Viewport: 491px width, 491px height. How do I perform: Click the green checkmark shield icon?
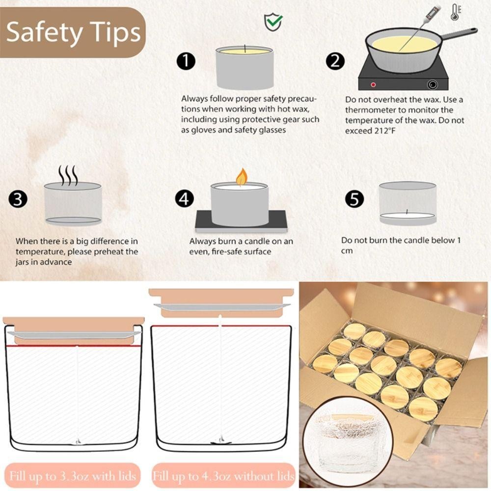click(x=273, y=22)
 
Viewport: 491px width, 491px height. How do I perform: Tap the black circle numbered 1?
click(x=186, y=61)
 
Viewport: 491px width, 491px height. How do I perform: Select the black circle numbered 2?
click(x=335, y=61)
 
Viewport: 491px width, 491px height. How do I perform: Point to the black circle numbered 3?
click(x=18, y=199)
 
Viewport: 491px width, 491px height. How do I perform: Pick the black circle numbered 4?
click(x=185, y=198)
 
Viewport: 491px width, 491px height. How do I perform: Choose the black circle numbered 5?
click(x=355, y=198)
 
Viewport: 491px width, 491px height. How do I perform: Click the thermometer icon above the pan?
click(x=455, y=12)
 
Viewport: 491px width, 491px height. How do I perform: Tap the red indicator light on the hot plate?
click(x=373, y=84)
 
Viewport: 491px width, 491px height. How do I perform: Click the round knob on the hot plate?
click(x=433, y=84)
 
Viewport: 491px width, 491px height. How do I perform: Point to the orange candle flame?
click(x=242, y=177)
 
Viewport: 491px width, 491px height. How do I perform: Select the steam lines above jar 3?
click(x=68, y=175)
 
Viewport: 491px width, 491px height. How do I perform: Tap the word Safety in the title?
click(x=45, y=32)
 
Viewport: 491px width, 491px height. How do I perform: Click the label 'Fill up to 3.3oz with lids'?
click(x=73, y=476)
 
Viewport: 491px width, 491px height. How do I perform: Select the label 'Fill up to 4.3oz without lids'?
click(x=223, y=476)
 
